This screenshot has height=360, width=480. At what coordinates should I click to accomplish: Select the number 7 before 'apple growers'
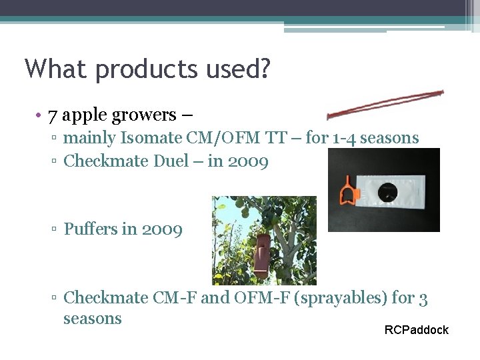53,115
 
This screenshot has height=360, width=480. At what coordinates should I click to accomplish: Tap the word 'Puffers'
91,229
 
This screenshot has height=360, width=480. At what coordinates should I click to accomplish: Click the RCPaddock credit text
417,330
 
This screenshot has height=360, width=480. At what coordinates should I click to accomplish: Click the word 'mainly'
90,138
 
